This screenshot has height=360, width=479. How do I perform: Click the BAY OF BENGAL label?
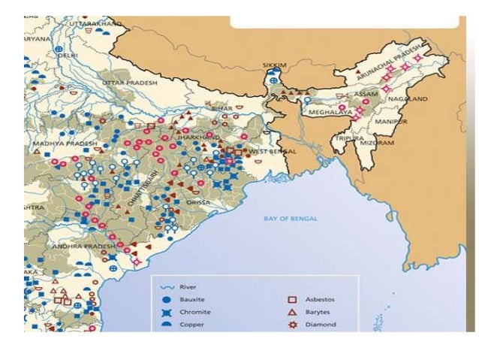(291, 219)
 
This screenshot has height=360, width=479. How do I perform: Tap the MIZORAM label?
(381, 141)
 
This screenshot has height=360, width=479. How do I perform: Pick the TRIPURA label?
(350, 139)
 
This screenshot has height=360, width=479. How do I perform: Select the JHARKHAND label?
(199, 138)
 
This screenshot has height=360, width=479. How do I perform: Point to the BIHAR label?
(221, 109)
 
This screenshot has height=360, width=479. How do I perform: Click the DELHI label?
(68, 55)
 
